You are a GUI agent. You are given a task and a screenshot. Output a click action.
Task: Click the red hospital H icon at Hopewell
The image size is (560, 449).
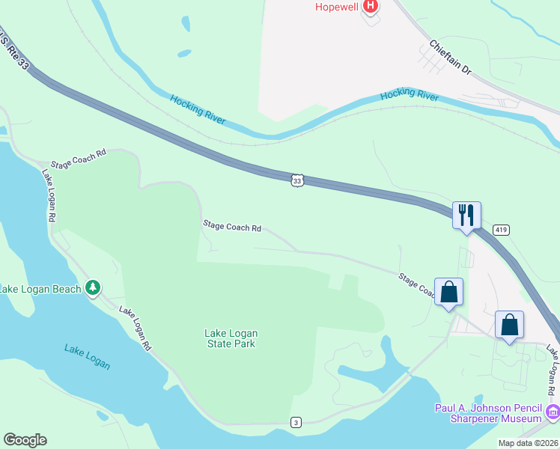pyautogui.click(x=369, y=7)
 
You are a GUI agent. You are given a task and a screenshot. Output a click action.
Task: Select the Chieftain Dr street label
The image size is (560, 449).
pyautogui.click(x=450, y=57)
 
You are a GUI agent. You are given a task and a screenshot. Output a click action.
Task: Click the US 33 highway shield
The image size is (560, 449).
pyautogui.click(x=297, y=181)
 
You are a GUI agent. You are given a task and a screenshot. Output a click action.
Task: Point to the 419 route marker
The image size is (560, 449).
pyautogui.click(x=502, y=230)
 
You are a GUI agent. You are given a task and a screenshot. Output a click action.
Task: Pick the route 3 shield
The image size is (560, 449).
pyautogui.click(x=296, y=423)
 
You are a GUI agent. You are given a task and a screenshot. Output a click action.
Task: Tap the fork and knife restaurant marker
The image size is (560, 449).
pyautogui.click(x=466, y=216)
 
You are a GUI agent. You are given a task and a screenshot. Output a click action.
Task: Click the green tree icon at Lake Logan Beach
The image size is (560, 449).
pyautogui.click(x=93, y=287)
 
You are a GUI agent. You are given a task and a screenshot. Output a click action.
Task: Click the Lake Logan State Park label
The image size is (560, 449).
pyautogui.click(x=231, y=338)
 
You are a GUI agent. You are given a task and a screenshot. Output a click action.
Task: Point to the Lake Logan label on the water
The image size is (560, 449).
pyautogui.click(x=87, y=356)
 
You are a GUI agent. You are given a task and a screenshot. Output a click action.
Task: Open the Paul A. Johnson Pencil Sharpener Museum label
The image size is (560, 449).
pyautogui.click(x=488, y=413)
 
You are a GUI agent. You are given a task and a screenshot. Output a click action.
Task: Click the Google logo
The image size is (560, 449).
pyautogui.click(x=25, y=440)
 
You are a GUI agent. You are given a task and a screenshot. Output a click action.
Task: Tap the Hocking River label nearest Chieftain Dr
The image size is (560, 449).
pyautogui.click(x=409, y=96)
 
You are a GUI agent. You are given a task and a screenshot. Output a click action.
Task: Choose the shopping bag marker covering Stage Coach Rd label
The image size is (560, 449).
pyautogui.click(x=448, y=292)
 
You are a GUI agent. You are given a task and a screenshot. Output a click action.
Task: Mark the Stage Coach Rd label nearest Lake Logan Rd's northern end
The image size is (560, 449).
pyautogui.click(x=79, y=158)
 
